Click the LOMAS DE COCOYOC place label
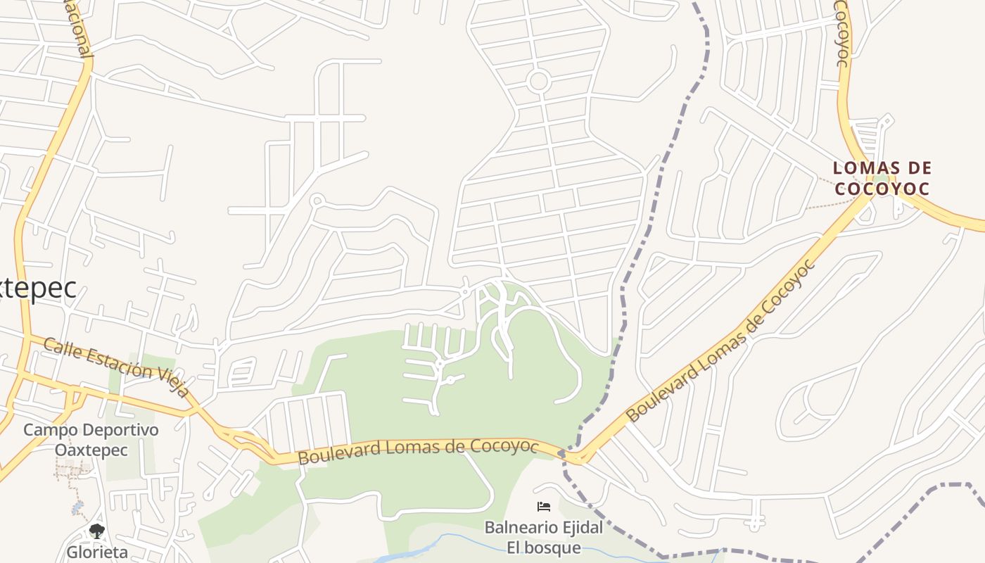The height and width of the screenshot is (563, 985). coord(882,178)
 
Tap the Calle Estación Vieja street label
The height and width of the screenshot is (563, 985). coord(116,366)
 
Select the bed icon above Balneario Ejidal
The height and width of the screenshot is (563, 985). coord(543,507)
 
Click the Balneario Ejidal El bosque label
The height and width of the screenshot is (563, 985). coord(544,537)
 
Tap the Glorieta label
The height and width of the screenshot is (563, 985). coord(97,552)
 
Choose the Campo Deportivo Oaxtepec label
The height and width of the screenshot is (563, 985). coord(91,439)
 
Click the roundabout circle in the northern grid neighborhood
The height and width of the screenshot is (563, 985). coord(538,81)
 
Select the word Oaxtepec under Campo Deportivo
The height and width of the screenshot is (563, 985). coord(91,450)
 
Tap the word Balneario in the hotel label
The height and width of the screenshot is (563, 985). coord(517,527)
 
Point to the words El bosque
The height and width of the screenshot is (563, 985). coord(544,548)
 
